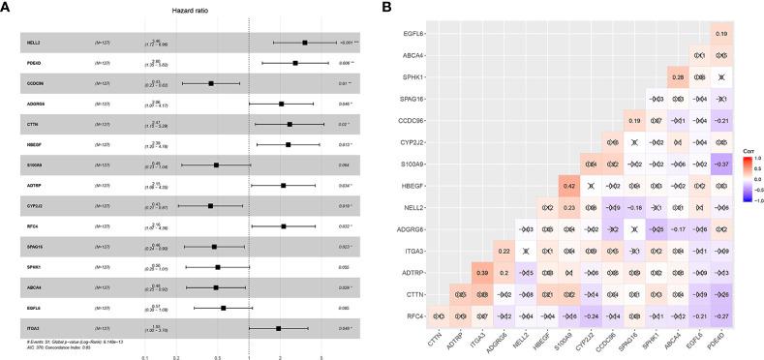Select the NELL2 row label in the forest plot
click(32, 43)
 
